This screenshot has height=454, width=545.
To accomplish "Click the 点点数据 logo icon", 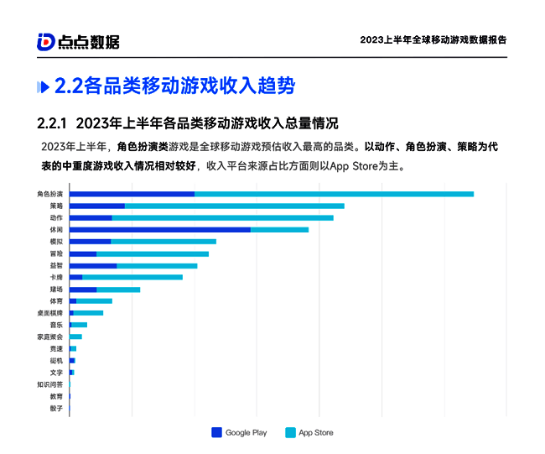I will point(46,41).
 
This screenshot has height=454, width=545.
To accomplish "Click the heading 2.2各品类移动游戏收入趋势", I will point(174,86).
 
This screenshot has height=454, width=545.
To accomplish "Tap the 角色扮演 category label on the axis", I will point(49,194).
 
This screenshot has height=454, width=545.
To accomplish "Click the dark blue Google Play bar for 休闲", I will point(159,229).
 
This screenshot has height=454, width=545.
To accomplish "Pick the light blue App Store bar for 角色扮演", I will point(334,194).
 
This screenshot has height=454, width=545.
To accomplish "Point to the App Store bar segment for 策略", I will point(234,206).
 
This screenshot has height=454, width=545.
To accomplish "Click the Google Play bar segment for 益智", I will point(93,265).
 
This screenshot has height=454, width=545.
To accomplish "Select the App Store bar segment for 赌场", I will point(118,289).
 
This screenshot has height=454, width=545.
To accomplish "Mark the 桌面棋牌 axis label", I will point(49,312).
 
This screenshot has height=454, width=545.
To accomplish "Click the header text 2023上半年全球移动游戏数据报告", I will point(433,39).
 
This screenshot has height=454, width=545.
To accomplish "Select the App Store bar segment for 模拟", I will point(163,242).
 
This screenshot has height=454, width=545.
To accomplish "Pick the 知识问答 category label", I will point(49,384).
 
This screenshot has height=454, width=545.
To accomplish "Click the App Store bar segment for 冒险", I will point(153,253).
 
